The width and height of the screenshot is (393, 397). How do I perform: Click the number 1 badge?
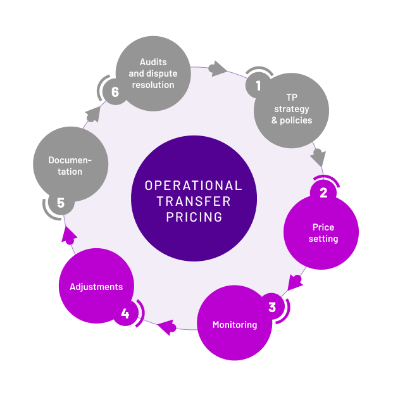[x=258, y=85]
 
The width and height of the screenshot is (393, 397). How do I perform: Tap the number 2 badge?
[x=323, y=192]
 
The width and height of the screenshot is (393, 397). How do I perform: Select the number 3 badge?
[x=272, y=308]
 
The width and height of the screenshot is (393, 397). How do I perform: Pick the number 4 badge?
[x=125, y=313]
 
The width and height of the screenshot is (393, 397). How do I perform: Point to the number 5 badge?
[x=61, y=203]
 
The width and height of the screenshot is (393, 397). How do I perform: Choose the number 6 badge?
[x=115, y=92]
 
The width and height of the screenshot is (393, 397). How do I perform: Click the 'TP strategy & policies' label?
[x=292, y=109]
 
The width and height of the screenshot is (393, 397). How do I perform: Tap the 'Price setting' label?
[x=323, y=233]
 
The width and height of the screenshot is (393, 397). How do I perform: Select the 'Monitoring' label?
[x=235, y=325]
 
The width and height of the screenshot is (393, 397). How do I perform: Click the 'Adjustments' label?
[x=96, y=287]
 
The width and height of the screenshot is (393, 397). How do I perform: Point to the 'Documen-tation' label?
[x=70, y=166]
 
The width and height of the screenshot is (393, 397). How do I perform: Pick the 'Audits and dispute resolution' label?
[x=153, y=73]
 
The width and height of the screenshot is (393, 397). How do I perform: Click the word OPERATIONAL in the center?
[x=194, y=186]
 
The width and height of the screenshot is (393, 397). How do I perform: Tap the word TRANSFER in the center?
[x=194, y=201]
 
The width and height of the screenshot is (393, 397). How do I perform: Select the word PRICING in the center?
[x=194, y=217]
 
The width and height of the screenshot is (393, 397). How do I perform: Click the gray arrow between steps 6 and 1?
[x=218, y=68]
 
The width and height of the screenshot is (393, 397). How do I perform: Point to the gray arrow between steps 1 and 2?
[x=318, y=156]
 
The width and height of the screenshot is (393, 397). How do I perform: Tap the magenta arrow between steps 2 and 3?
[x=294, y=280]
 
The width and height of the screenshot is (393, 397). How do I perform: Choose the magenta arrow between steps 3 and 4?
[x=168, y=327]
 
